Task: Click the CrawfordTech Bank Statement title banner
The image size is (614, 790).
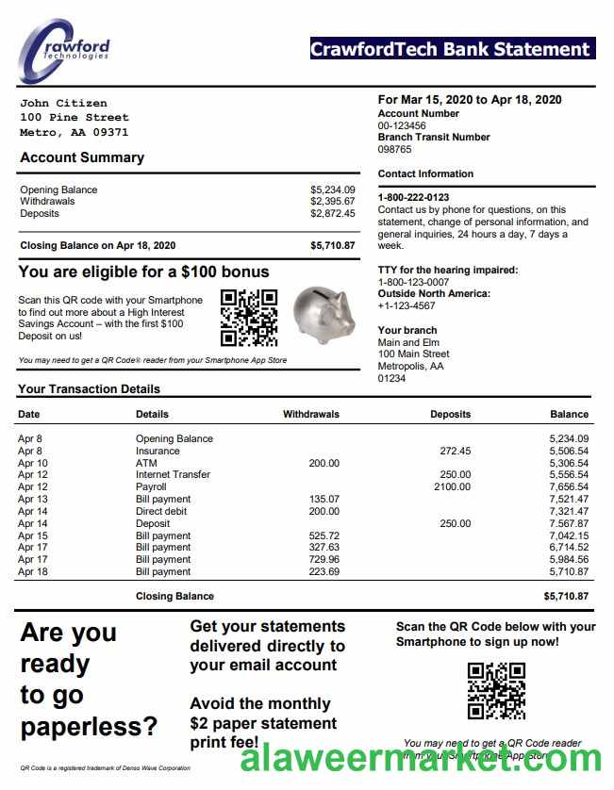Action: pos(452,49)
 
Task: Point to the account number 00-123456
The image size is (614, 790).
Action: pos(402,125)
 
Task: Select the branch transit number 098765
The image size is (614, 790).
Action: pos(395,149)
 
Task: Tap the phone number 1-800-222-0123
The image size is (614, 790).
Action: pos(413,198)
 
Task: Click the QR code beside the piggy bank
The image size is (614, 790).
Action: pos(249,318)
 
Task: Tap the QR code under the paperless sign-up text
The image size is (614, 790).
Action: pos(496,691)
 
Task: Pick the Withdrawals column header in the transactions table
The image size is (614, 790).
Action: pos(311,414)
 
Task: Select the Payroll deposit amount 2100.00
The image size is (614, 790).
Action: pos(452,486)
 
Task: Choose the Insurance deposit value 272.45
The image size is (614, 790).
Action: pos(455,451)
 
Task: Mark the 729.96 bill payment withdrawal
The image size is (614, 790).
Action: pos(324,559)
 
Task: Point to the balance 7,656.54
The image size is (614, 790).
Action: pos(569,486)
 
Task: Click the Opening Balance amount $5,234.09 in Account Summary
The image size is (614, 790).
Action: pos(333,189)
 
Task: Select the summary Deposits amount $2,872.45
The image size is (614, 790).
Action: pos(333,213)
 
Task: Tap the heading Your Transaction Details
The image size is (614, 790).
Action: pos(89,388)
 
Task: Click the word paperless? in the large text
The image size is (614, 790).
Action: pos(89,727)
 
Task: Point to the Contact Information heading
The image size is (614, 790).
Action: pos(425,173)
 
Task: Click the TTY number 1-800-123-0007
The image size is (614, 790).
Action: pos(413,282)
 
